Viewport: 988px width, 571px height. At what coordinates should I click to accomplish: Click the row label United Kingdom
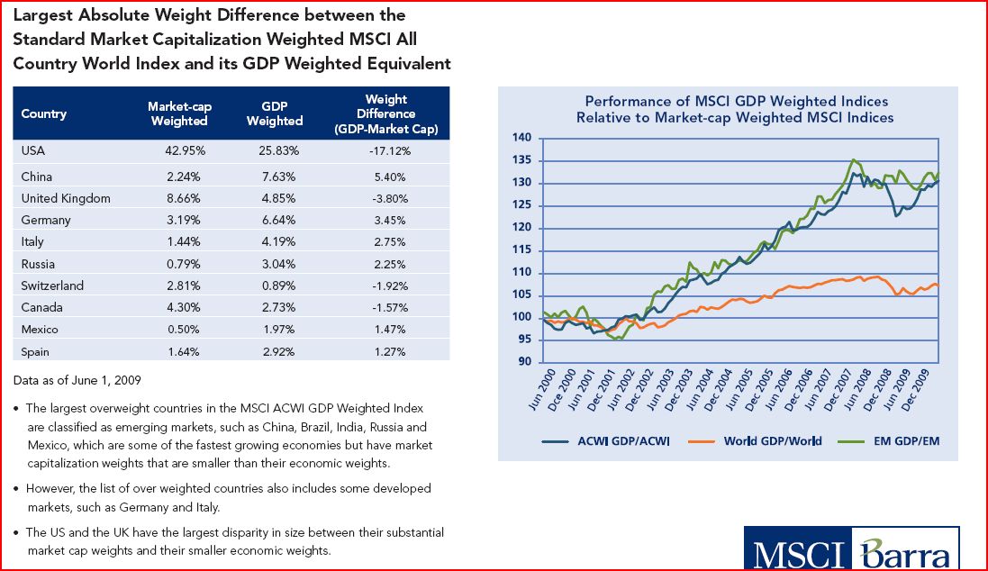[66, 198]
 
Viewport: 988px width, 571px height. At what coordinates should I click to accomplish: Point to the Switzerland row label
[52, 285]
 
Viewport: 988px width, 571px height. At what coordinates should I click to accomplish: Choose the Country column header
[44, 114]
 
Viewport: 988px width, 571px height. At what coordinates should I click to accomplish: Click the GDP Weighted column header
[275, 114]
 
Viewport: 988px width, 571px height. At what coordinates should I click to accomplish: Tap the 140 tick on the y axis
[522, 138]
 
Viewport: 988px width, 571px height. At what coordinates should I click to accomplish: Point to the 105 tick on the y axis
[522, 295]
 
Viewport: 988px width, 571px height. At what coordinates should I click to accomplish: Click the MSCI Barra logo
[851, 548]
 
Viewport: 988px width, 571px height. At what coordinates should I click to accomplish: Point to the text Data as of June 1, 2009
[77, 378]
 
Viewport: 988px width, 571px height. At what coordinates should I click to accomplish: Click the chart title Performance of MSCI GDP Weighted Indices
[736, 101]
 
